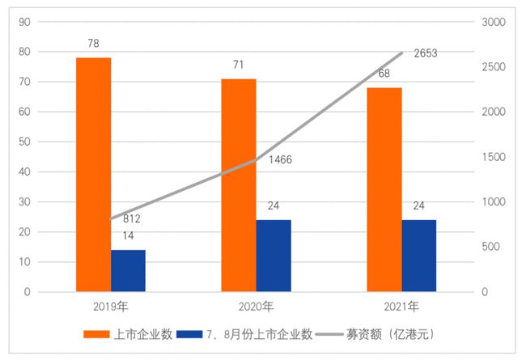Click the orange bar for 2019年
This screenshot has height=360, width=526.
(94, 174)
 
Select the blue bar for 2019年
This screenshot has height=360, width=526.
(128, 270)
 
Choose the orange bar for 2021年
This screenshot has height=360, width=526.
(384, 189)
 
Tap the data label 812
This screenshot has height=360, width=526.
(133, 219)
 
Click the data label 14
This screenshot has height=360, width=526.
(128, 235)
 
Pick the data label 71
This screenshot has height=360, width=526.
(239, 64)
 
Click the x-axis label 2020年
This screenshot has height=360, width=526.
(257, 307)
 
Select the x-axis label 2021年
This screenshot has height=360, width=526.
(401, 307)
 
